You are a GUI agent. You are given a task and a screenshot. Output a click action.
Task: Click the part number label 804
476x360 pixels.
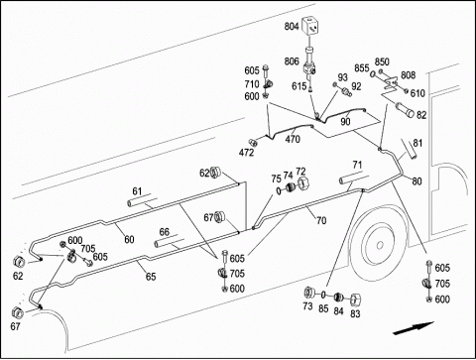pyautogui.click(x=292, y=27)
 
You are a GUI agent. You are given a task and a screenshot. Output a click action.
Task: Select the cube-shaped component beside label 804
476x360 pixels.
pyautogui.click(x=310, y=27)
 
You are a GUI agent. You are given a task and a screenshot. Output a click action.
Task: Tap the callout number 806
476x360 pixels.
pyautogui.click(x=292, y=61)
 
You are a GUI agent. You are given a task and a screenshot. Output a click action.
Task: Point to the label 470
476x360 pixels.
pyautogui.click(x=293, y=139)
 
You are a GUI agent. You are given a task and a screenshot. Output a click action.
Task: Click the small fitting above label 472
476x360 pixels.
pyautogui.click(x=254, y=143)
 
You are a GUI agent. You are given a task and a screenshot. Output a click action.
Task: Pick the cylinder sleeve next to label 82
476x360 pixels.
pyautogui.click(x=405, y=110)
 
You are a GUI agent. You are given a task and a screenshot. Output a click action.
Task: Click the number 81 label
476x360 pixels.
pyautogui.click(x=417, y=143)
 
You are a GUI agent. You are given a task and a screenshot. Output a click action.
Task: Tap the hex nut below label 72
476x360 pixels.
pyautogui.click(x=303, y=183)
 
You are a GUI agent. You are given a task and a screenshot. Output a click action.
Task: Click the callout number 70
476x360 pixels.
pyautogui.click(x=321, y=220)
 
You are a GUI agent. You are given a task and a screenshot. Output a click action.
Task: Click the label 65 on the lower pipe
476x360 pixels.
pyautogui.click(x=151, y=277)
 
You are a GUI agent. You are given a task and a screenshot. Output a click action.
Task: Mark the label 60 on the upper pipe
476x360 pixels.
pyautogui.click(x=129, y=239)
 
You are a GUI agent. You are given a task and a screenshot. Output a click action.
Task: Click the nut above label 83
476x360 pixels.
pyautogui.click(x=355, y=300)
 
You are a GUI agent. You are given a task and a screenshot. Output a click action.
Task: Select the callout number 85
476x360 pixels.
pyautogui.click(x=323, y=308)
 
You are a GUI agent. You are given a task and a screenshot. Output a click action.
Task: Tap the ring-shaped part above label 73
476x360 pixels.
pyautogui.click(x=309, y=293)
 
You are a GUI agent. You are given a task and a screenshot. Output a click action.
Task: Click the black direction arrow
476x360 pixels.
pyautogui.click(x=414, y=328)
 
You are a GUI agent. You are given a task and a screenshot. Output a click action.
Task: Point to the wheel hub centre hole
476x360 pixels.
pyautogui.click(x=380, y=245)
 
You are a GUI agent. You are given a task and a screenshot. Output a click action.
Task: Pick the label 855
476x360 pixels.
pyautogui.click(x=362, y=67)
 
